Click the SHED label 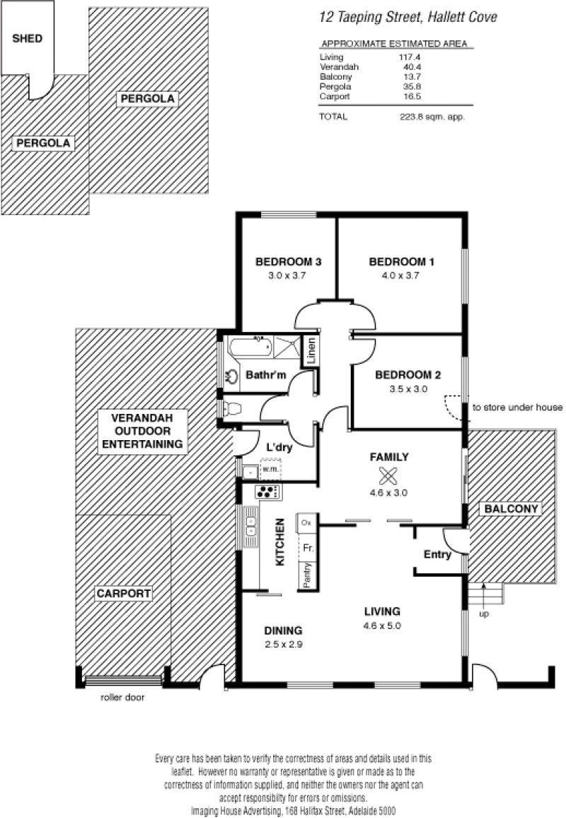click(27, 38)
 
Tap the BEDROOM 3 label click(288, 262)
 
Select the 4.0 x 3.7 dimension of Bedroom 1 click(400, 275)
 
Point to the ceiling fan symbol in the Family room click(388, 476)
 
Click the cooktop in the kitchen click(268, 491)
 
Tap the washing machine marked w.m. click(270, 469)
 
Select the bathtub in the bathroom click(250, 347)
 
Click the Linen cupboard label click(311, 352)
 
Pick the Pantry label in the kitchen click(307, 575)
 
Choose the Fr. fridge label click(308, 548)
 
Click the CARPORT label click(124, 593)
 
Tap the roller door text click(122, 698)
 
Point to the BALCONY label click(512, 509)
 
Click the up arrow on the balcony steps click(484, 592)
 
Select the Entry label click(437, 555)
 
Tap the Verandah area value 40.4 click(412, 67)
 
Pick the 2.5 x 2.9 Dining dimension click(283, 644)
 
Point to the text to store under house click(517, 408)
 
